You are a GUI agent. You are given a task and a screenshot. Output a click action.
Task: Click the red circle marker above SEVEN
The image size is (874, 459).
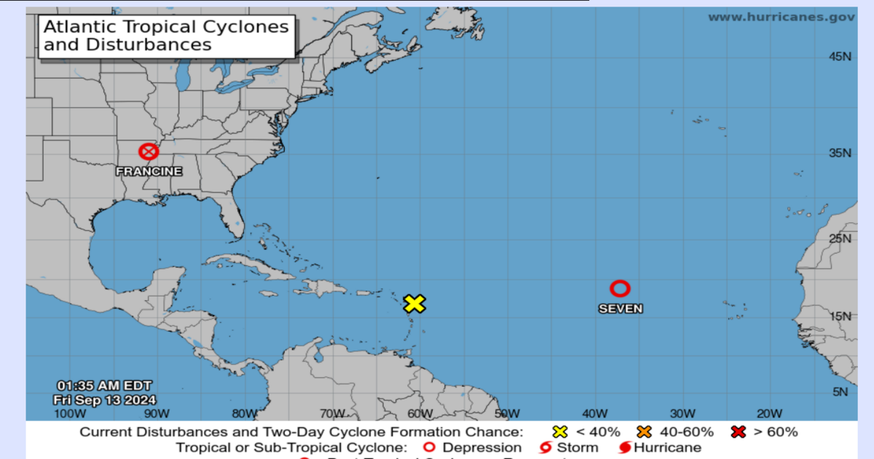click(x=620, y=289)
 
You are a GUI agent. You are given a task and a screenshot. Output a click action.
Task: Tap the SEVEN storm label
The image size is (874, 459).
click(x=621, y=308)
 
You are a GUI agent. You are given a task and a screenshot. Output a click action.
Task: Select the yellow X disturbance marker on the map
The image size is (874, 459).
click(x=414, y=304)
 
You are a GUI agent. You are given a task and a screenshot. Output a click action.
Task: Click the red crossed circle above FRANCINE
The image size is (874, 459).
click(x=149, y=152)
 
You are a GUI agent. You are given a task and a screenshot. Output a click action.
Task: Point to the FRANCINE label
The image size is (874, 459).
click(x=149, y=171)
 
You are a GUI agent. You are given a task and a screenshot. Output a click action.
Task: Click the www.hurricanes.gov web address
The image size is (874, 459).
click(x=782, y=17)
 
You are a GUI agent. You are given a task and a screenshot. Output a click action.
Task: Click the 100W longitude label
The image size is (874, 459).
click(x=70, y=414)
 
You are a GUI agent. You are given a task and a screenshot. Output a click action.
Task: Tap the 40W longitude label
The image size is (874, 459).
click(x=594, y=414)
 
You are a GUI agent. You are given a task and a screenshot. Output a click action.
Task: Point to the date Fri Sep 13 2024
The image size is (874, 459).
click(x=104, y=399)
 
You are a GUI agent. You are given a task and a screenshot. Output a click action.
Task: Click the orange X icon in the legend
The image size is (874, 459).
click(x=644, y=432)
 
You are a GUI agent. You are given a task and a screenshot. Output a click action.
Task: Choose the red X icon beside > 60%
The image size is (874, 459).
click(x=739, y=432)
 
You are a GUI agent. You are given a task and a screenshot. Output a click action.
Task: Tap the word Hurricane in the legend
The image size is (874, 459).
click(x=667, y=447)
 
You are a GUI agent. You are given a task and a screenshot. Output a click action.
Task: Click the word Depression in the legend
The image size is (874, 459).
click(x=481, y=447)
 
